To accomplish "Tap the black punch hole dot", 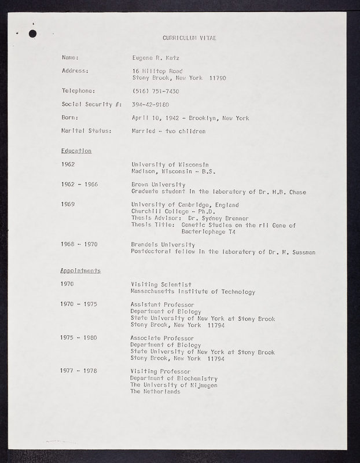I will click(32, 34).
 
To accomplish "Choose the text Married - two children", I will click(168, 131).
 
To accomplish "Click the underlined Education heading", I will click(76, 151).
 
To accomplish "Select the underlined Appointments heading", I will click(81, 271).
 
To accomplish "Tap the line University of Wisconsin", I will click(170, 164).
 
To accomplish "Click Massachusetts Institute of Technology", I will click(193, 292).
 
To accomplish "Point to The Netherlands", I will click(156, 392).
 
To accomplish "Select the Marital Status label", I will click(86, 131).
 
